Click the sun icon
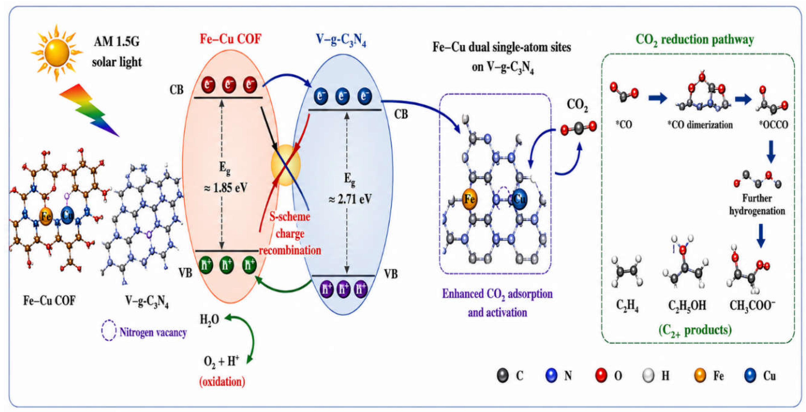tap(57, 53)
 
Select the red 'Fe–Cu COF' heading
tap(231, 39)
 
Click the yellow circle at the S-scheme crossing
tap(286, 165)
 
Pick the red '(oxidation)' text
tap(222, 382)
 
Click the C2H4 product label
tap(627, 306)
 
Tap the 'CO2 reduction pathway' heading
tap(695, 40)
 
